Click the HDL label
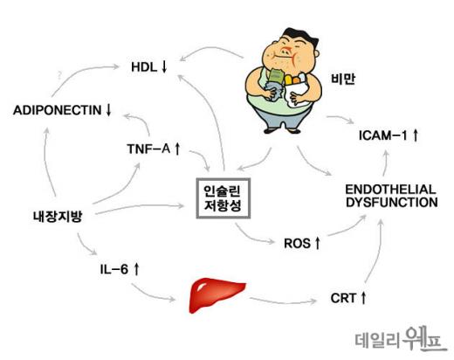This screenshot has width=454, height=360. click(x=149, y=67)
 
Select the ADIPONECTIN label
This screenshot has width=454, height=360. click(x=62, y=110)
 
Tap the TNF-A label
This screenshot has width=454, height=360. click(x=154, y=149)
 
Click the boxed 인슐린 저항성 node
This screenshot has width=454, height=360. click(x=224, y=198)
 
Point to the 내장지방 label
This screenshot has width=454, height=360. click(x=58, y=217)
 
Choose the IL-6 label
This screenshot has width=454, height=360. click(x=120, y=269)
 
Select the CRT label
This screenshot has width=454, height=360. click(x=348, y=298)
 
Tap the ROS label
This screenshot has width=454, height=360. click(x=302, y=243)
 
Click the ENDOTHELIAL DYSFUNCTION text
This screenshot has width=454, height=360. click(x=391, y=196)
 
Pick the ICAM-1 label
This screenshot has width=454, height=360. click(x=389, y=135)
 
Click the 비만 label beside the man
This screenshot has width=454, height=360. click(x=343, y=79)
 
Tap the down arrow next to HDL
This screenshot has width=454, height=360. click(x=164, y=67)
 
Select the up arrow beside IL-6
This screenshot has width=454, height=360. click(x=137, y=269)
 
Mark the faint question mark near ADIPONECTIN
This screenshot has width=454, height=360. click(x=59, y=76)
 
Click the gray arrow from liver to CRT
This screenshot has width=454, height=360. click(x=283, y=301)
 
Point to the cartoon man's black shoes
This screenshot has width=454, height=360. click(x=282, y=130)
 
